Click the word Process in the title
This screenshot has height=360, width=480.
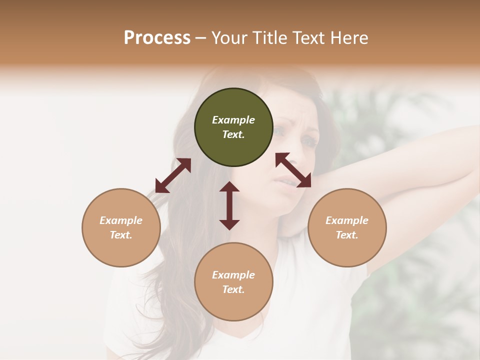(x=157, y=38)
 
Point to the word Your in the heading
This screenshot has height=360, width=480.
(x=229, y=38)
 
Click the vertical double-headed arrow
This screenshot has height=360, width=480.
(x=229, y=205)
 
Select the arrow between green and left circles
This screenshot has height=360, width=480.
(x=173, y=175)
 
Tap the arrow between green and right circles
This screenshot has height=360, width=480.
(x=293, y=170)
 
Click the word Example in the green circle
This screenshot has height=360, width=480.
(x=233, y=120)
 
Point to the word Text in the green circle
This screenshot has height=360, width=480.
(x=233, y=134)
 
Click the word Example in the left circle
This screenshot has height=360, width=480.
(x=121, y=220)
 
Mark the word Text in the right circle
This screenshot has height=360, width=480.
(x=347, y=235)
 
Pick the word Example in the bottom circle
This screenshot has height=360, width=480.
(x=233, y=275)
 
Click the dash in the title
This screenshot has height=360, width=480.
(x=201, y=38)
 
